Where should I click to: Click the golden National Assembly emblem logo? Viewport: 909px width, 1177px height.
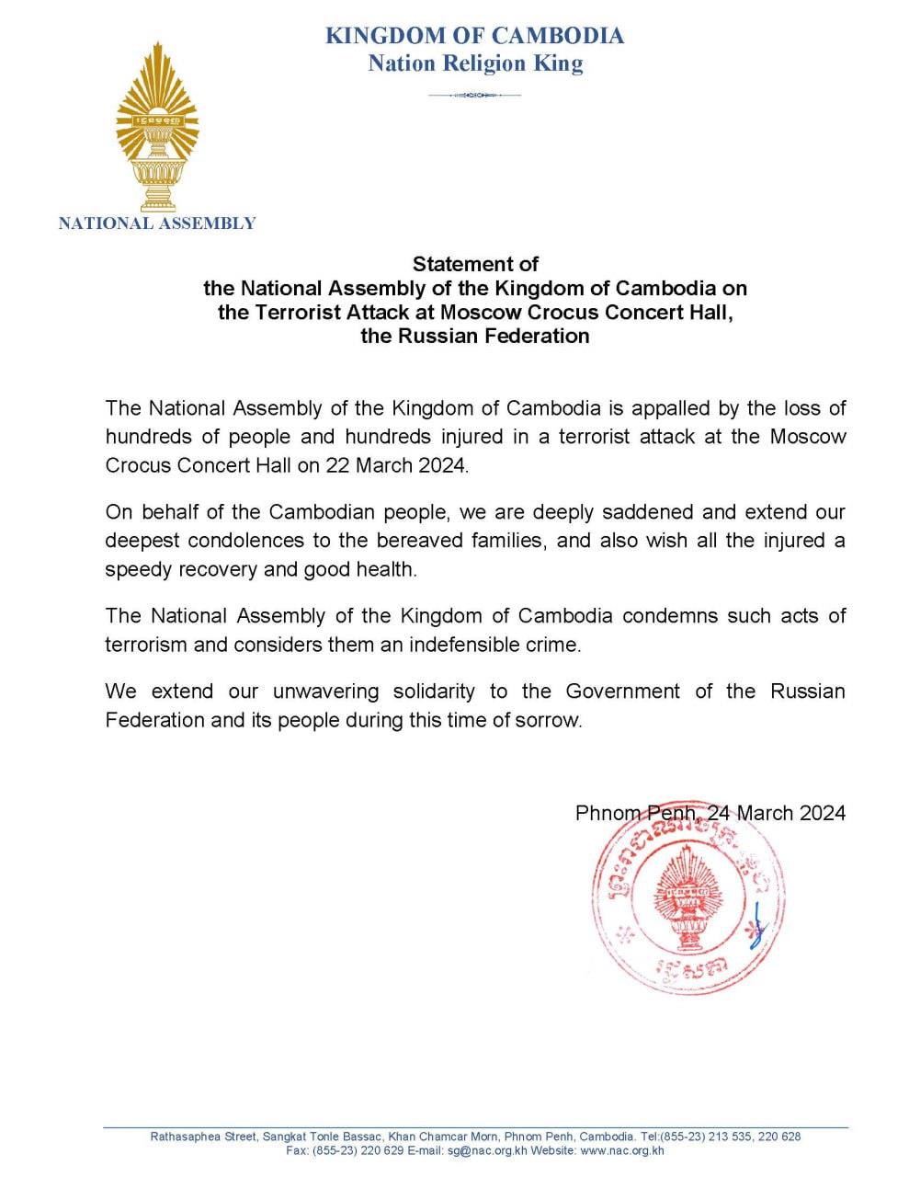click(x=156, y=129)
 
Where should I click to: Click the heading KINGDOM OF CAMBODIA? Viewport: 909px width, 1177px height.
click(x=475, y=36)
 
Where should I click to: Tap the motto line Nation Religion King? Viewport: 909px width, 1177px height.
click(x=475, y=63)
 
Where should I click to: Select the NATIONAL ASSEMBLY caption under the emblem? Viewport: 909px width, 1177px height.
click(x=157, y=223)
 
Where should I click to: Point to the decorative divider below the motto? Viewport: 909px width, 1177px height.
click(x=475, y=95)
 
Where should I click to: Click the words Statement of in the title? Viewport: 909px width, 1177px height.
click(x=475, y=265)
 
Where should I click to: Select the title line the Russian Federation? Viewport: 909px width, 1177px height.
click(x=475, y=336)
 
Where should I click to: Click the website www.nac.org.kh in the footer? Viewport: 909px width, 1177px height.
click(x=622, y=1150)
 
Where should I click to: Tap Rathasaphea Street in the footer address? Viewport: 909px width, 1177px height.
click(x=203, y=1137)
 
